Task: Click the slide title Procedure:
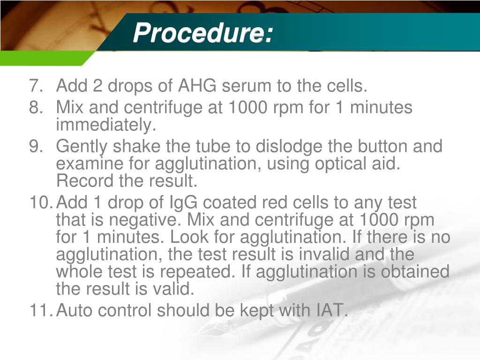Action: click(202, 33)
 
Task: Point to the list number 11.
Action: click(39, 310)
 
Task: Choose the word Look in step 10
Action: click(212, 237)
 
